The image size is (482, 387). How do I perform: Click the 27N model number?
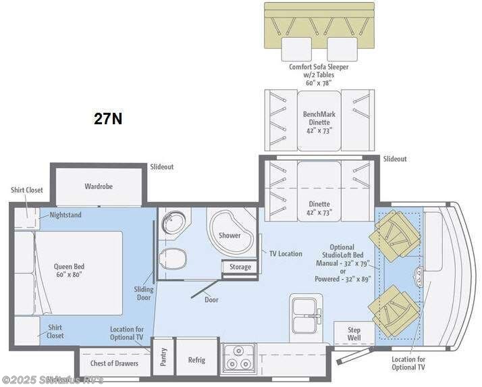(x=108, y=119)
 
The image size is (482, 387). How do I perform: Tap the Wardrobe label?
(x=98, y=186)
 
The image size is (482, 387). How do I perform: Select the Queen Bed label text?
(x=70, y=270)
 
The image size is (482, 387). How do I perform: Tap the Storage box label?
(x=240, y=267)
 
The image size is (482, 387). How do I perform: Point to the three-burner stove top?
(x=238, y=358)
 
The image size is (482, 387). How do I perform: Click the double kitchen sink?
(x=306, y=315)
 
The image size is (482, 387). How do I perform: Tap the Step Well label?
(x=354, y=334)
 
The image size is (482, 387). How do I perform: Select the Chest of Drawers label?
(x=114, y=363)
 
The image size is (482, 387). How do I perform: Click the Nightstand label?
(x=65, y=215)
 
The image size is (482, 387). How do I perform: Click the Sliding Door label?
(x=143, y=294)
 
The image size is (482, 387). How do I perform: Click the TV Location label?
(x=286, y=253)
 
